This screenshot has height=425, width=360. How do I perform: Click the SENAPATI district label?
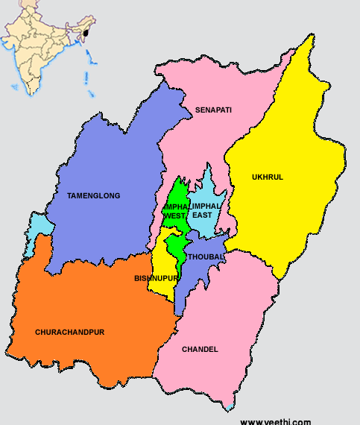(x=213, y=110)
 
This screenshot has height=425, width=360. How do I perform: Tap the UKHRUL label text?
(x=268, y=177)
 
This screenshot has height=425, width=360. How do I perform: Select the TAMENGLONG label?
(x=93, y=195)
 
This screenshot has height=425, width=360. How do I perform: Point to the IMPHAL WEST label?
(x=176, y=210)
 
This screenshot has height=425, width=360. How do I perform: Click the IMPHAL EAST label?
(x=206, y=210)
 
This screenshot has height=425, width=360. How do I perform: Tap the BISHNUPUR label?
(x=156, y=278)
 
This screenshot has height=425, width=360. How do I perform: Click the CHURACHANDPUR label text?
(x=71, y=331)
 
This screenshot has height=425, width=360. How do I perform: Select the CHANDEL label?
(x=200, y=349)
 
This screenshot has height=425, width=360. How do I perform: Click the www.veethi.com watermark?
(x=275, y=421)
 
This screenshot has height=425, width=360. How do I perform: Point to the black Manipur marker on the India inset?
(x=87, y=33)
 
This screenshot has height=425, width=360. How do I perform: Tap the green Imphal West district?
(x=175, y=240)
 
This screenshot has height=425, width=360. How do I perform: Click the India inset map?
(x=48, y=45)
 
